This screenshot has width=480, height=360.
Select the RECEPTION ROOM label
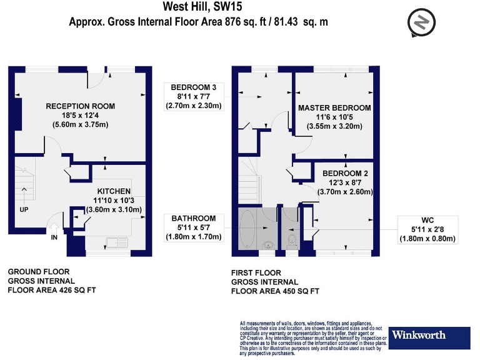(x=80, y=106)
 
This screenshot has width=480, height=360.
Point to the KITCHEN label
(x=114, y=191)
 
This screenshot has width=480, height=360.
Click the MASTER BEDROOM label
(x=334, y=107)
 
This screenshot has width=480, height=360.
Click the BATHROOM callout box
(x=194, y=227)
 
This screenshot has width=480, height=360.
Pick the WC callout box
(x=428, y=229)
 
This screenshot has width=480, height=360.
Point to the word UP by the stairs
(x=24, y=209)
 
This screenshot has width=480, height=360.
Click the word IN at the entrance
(x=54, y=237)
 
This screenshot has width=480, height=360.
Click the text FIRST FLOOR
(x=256, y=273)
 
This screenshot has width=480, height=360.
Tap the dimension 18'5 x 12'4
(x=80, y=116)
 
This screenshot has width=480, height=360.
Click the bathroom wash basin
(x=268, y=245)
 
